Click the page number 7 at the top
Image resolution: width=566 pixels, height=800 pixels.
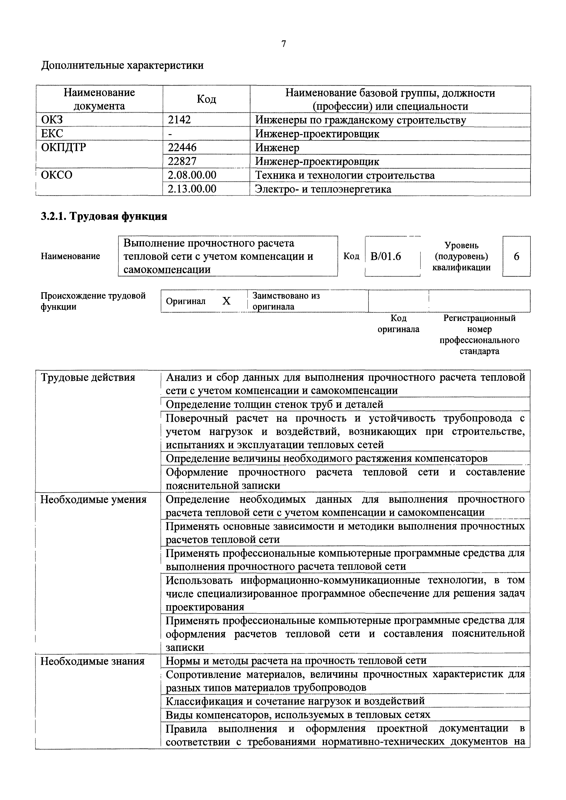[x=283, y=44]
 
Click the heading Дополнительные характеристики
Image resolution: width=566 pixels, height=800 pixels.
[x=122, y=65]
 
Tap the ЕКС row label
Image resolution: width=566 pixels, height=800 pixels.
[x=52, y=134]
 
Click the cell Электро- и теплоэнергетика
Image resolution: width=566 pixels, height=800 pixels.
[x=323, y=189]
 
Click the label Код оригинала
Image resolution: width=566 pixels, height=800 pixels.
[x=398, y=324]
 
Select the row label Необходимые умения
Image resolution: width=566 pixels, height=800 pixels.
[x=93, y=500]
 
